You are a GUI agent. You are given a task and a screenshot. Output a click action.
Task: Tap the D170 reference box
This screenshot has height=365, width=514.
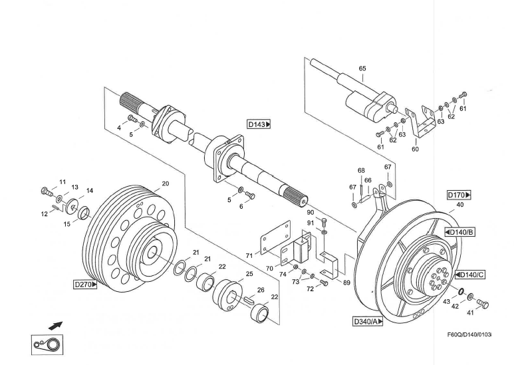pyautogui.click(x=459, y=195)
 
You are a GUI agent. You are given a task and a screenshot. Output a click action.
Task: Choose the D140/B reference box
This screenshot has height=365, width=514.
pyautogui.click(x=460, y=232)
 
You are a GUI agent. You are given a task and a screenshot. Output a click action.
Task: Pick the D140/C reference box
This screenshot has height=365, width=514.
pyautogui.click(x=470, y=275)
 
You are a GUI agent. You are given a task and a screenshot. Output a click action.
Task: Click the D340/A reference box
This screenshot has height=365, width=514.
pyautogui.click(x=368, y=322)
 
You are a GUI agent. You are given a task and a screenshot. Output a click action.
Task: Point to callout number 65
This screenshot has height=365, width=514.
pyautogui.click(x=362, y=68)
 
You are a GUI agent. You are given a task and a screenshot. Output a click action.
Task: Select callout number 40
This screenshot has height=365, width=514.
pyautogui.click(x=460, y=205)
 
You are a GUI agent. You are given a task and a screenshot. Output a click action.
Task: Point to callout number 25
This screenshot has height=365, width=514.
pyautogui.click(x=249, y=274)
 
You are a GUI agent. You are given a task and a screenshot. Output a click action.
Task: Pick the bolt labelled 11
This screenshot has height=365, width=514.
pyautogui.click(x=47, y=193)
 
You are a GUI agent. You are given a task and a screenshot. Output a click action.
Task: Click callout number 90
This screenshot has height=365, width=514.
pyautogui.click(x=310, y=213)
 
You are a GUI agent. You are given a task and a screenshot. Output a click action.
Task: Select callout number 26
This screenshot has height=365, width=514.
pyautogui.click(x=260, y=290)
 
